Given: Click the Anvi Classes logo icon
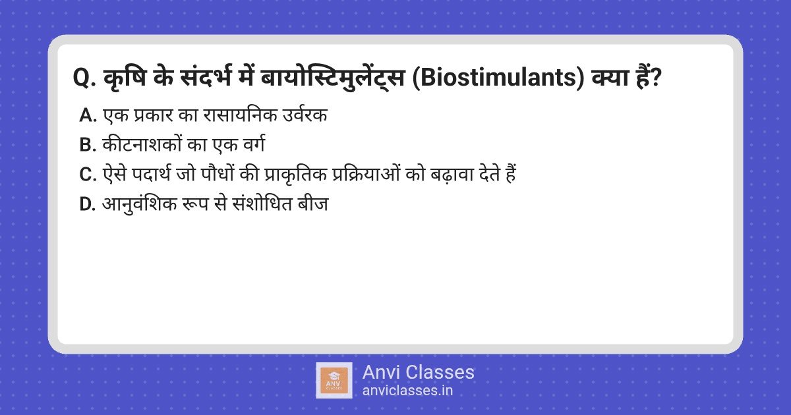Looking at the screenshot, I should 334,380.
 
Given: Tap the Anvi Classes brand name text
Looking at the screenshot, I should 418,372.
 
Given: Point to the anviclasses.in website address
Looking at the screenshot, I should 407,391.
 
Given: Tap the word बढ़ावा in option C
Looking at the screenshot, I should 446,175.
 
